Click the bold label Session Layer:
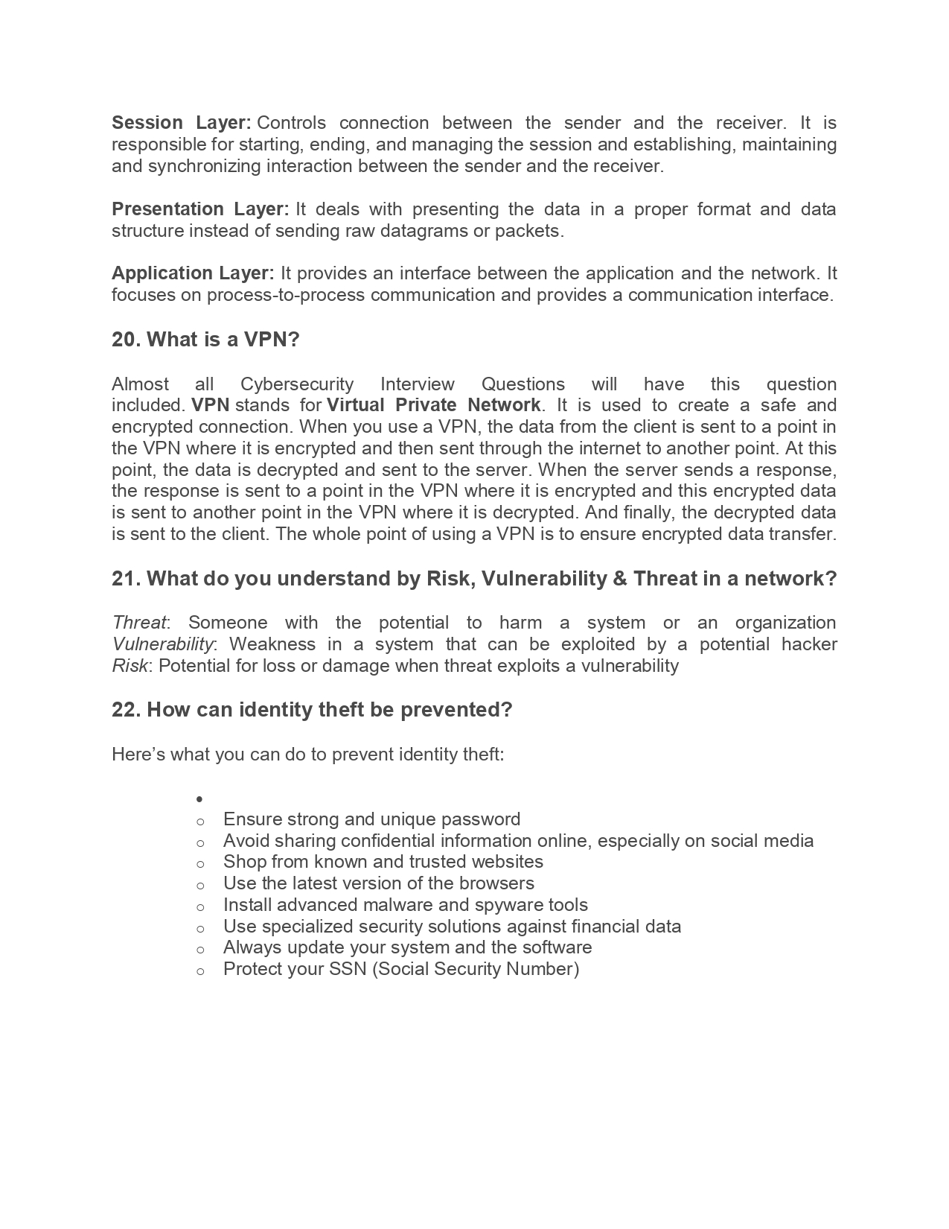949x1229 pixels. [x=181, y=123]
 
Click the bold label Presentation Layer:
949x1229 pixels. [x=199, y=209]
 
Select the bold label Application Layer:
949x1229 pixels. [x=193, y=273]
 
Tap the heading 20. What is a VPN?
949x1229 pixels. [x=205, y=340]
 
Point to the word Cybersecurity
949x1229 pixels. [x=296, y=384]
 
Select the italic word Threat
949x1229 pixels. [x=139, y=623]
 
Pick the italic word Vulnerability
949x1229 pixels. [x=162, y=644]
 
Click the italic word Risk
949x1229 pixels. [x=130, y=666]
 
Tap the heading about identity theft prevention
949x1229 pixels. [x=312, y=710]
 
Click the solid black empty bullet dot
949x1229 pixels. [x=200, y=799]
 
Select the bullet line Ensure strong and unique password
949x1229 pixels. [x=371, y=819]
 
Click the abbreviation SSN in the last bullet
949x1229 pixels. [x=348, y=969]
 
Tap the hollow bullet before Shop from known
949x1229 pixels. [x=200, y=863]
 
